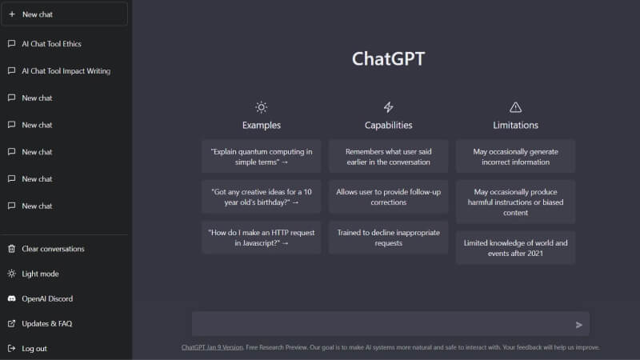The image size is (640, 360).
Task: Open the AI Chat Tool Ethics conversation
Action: [x=51, y=44]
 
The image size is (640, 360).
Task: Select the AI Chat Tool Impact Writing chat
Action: [x=66, y=71]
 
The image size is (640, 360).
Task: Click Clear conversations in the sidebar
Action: [x=53, y=249]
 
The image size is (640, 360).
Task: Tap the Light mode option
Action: [x=40, y=274]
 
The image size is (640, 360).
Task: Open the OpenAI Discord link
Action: [x=47, y=298]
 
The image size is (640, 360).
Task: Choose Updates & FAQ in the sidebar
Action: [x=46, y=324]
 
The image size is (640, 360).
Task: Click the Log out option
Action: [x=34, y=349]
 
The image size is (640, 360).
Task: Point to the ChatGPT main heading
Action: [x=388, y=59]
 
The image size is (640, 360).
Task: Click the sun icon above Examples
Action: [x=261, y=107]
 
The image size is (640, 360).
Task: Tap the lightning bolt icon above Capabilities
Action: [x=388, y=107]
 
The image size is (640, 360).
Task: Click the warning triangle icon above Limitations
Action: [x=515, y=107]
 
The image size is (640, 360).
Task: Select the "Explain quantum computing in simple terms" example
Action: [x=261, y=156]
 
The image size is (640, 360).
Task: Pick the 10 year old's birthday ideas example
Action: [x=261, y=197]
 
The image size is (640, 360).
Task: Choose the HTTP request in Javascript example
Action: [x=261, y=238]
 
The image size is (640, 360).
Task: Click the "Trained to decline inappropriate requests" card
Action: [x=388, y=238]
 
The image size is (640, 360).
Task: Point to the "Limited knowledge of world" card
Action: [x=515, y=247]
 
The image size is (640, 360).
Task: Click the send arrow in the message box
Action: [x=579, y=325]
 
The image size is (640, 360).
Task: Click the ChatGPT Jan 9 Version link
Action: [x=212, y=347]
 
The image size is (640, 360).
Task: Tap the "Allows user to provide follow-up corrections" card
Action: [x=388, y=197]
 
